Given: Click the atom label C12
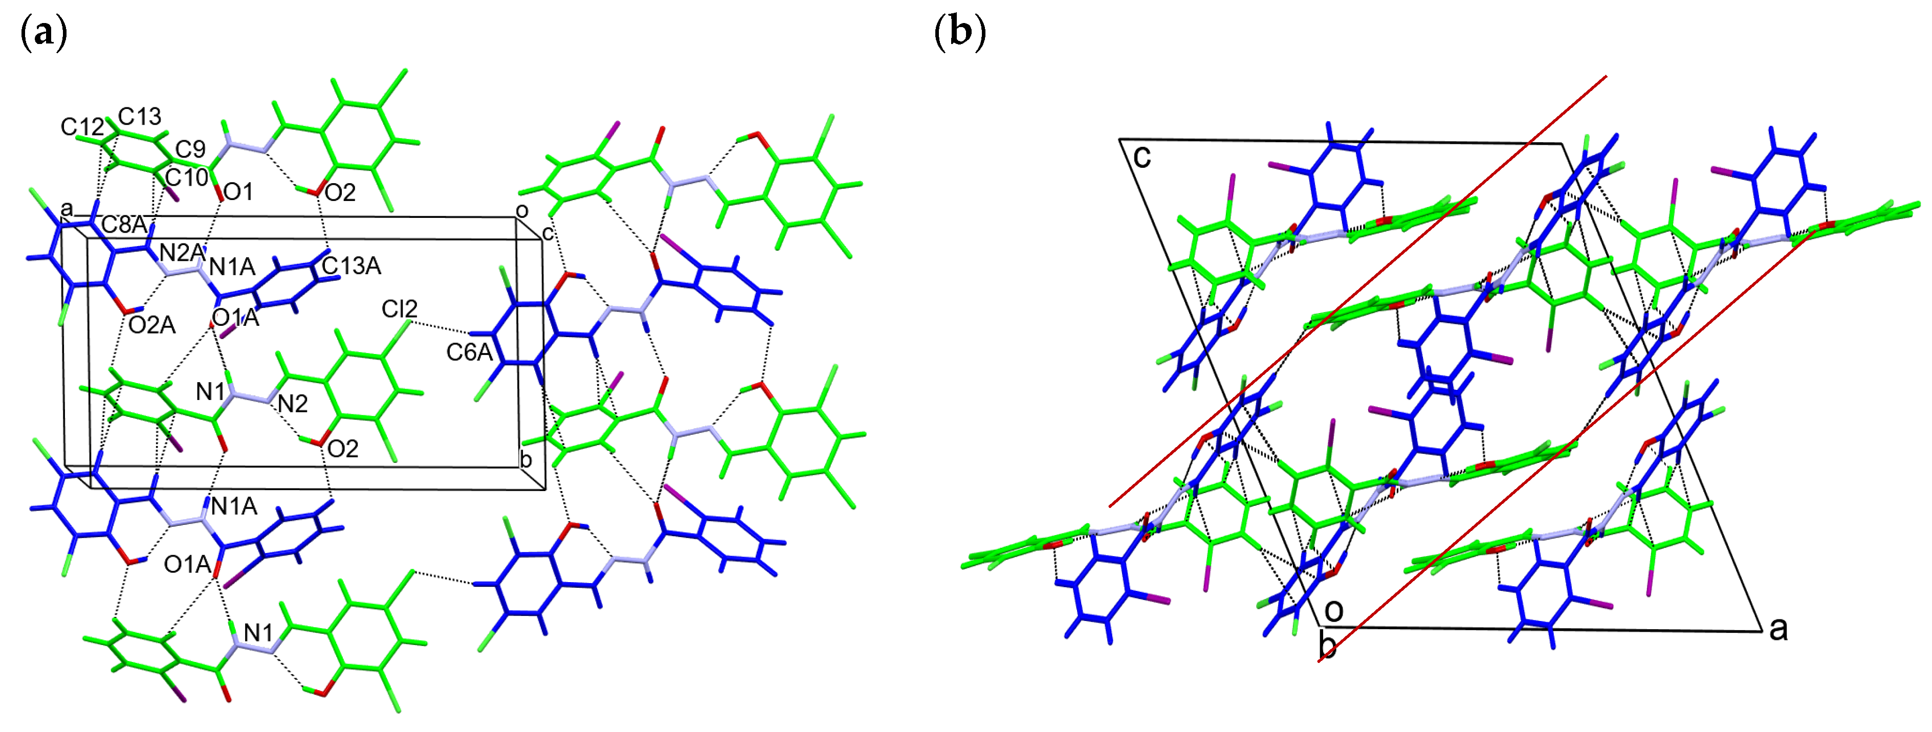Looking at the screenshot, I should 82,127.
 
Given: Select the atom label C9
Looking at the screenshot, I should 190,149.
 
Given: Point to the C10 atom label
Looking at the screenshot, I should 186,178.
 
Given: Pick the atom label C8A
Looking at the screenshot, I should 124,224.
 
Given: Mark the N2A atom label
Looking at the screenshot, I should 182,253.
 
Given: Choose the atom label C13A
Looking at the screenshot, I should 351,265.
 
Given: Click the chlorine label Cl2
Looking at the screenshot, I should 399,309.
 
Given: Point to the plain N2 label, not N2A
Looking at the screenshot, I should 293,404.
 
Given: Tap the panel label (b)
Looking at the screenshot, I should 960,34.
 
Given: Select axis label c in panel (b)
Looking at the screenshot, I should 1141,157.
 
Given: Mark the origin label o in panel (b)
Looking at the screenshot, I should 1334,611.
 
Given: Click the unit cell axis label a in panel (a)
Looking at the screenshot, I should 68,208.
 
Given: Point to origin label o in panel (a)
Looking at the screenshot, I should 522,211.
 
